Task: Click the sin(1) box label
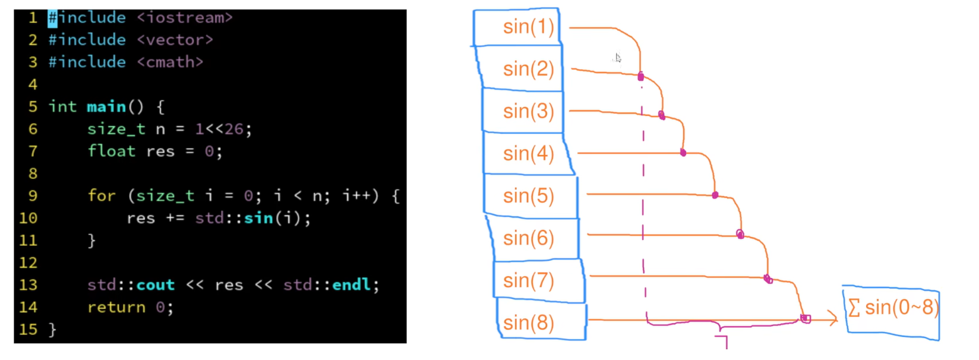[x=528, y=27]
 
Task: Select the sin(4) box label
[x=528, y=154]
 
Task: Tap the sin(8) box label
[x=528, y=323]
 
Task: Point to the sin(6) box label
[x=528, y=238]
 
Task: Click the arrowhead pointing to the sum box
[x=833, y=320]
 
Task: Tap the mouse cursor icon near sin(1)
[x=618, y=58]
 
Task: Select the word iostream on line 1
[x=185, y=18]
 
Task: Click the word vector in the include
[x=175, y=40]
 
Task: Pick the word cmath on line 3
[x=170, y=62]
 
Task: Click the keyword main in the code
[x=106, y=107]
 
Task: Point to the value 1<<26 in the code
[x=219, y=129]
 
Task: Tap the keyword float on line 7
[x=112, y=151]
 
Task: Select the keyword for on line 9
[x=102, y=196]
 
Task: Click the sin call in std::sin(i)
[x=258, y=218]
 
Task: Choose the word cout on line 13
[x=156, y=285]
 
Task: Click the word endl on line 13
[x=351, y=285]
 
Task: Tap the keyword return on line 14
[x=116, y=307]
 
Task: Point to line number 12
[x=28, y=263]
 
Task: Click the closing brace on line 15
[x=52, y=330]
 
